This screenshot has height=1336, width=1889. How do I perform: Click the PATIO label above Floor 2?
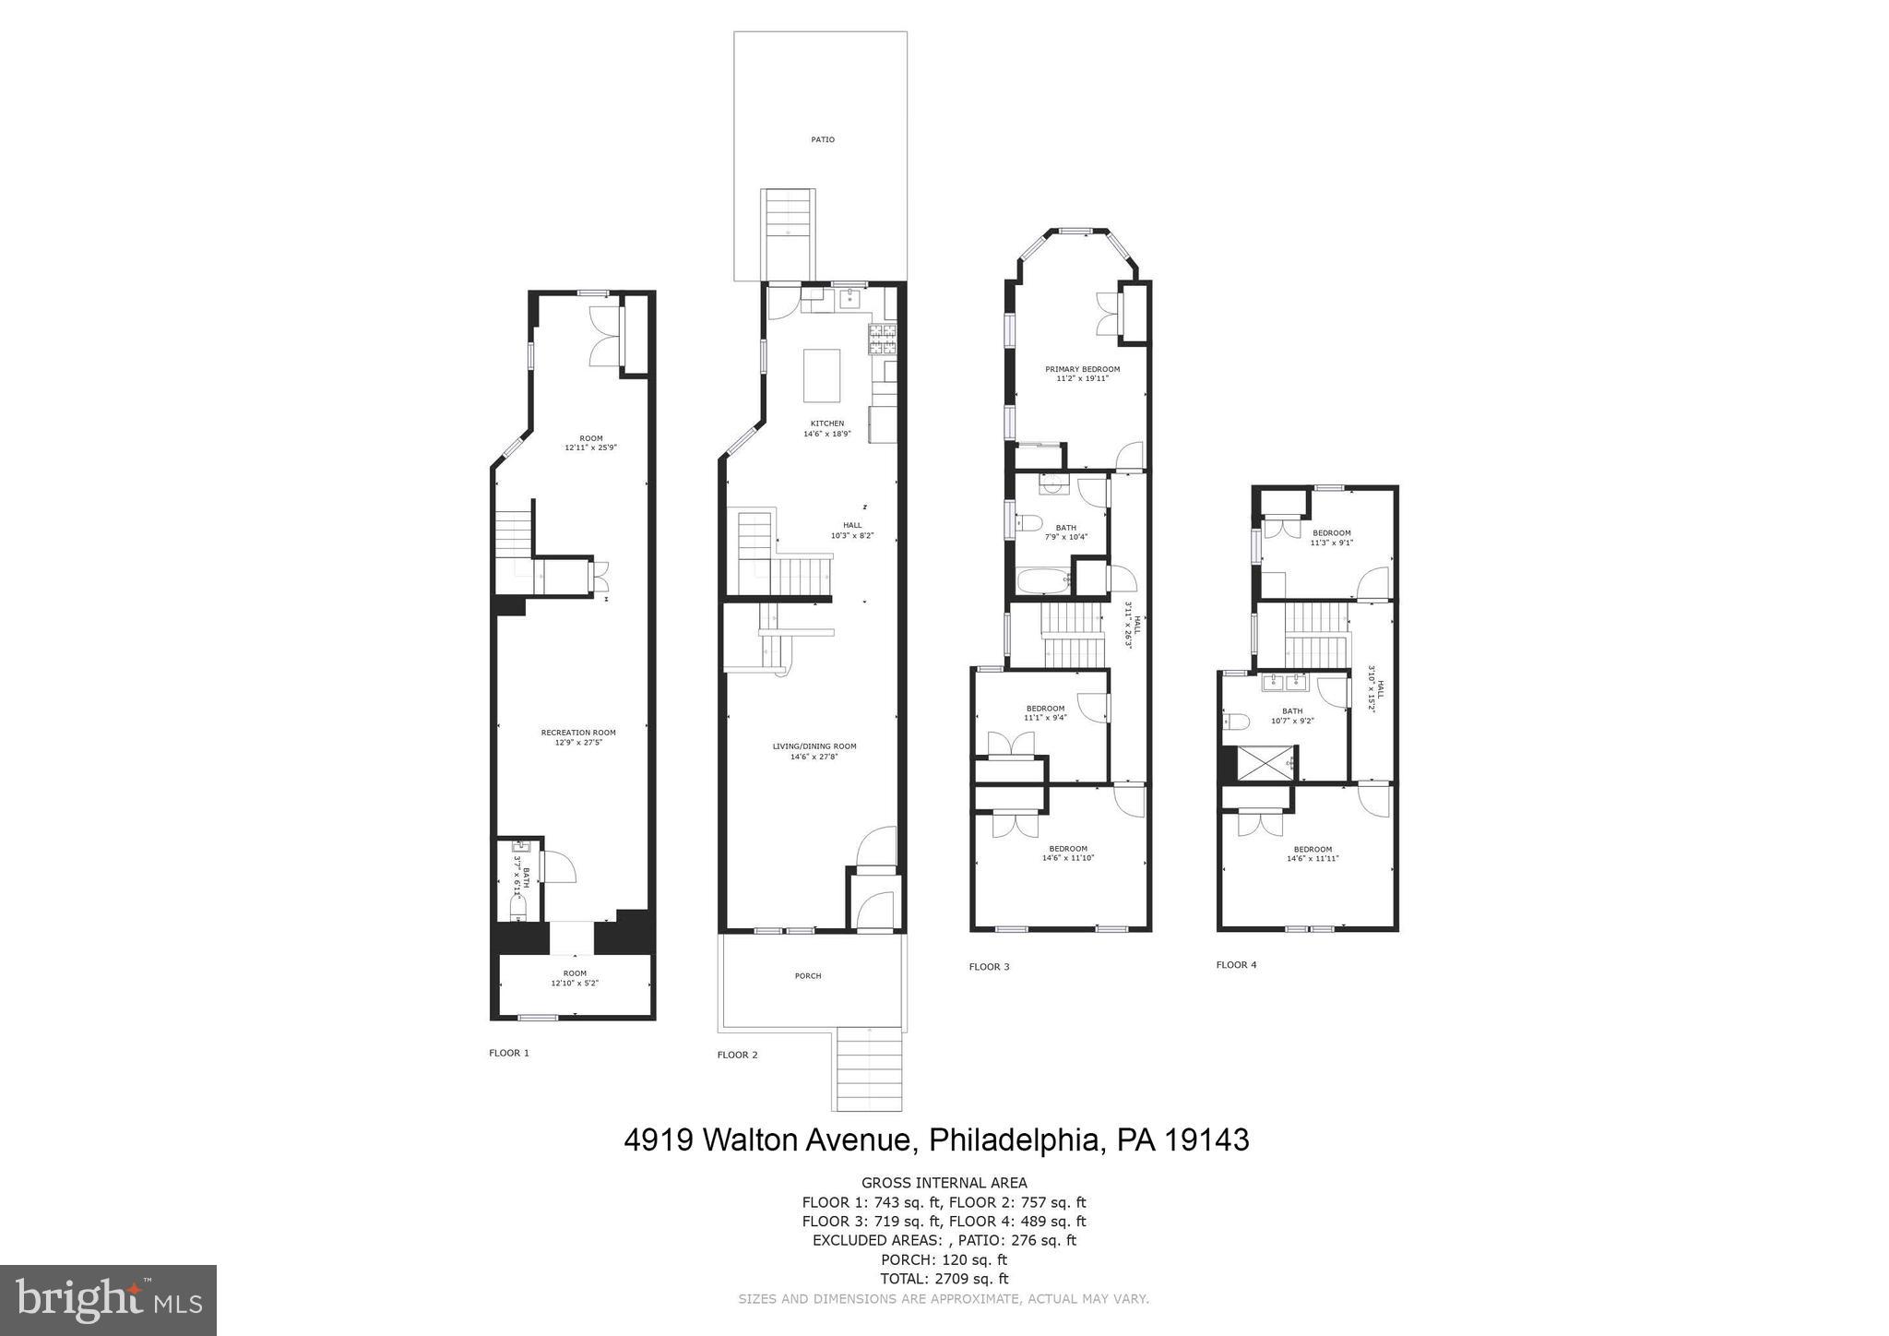pyautogui.click(x=823, y=139)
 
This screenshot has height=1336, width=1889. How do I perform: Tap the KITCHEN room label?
pyautogui.click(x=827, y=428)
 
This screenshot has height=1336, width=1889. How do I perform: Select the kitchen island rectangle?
pyautogui.click(x=822, y=376)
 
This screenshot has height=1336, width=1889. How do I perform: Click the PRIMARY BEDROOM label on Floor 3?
pyautogui.click(x=1082, y=373)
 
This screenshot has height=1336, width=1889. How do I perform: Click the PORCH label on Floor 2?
pyautogui.click(x=808, y=975)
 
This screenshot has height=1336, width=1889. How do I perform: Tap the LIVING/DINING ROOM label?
pyautogui.click(x=814, y=751)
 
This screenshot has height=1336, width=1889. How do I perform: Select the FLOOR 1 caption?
pyautogui.click(x=509, y=1053)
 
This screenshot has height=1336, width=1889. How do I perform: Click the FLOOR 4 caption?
pyautogui.click(x=1236, y=965)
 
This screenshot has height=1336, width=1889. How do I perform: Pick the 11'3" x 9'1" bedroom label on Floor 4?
pyautogui.click(x=1332, y=537)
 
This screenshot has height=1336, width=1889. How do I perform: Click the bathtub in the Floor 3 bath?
pyautogui.click(x=1043, y=581)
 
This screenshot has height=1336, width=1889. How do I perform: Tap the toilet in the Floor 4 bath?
pyautogui.click(x=1235, y=722)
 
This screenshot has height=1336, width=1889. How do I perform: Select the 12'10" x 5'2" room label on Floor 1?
pyautogui.click(x=575, y=978)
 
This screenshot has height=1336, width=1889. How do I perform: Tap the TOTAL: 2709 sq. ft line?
pyautogui.click(x=944, y=1279)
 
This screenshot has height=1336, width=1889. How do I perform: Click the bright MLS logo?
pyautogui.click(x=108, y=1300)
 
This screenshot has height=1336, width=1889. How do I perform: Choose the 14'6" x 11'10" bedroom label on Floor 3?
pyautogui.click(x=1068, y=853)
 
